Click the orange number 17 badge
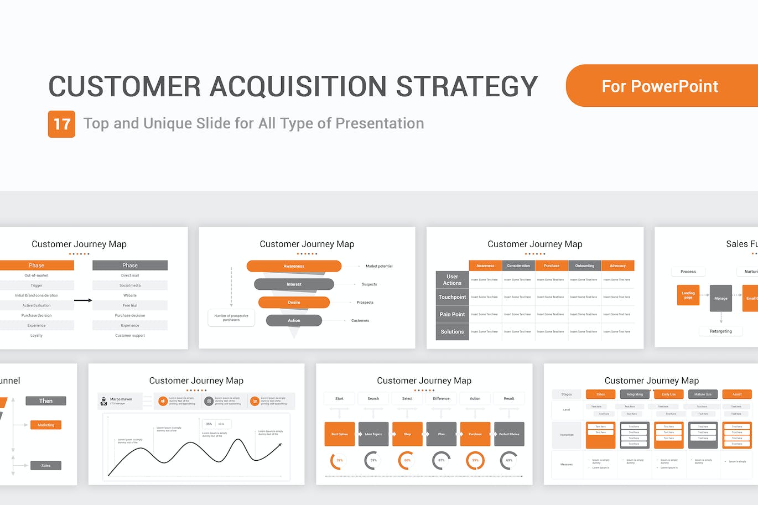tap(61, 124)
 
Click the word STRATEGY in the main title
tap(467, 86)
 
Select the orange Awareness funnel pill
tap(294, 266)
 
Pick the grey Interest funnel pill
tap(294, 284)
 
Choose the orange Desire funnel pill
tap(294, 303)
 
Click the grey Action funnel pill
tap(294, 320)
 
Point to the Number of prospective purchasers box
tap(231, 317)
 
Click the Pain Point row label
tap(452, 314)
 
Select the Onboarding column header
tap(584, 265)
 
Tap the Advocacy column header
tap(617, 265)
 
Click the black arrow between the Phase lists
tap(83, 300)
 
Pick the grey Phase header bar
tap(130, 265)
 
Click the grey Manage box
tap(720, 298)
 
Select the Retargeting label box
tap(720, 331)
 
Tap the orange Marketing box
tap(46, 425)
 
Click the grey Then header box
tap(46, 401)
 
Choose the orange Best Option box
tap(339, 434)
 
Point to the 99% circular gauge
tap(475, 460)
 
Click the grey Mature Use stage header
tap(703, 394)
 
